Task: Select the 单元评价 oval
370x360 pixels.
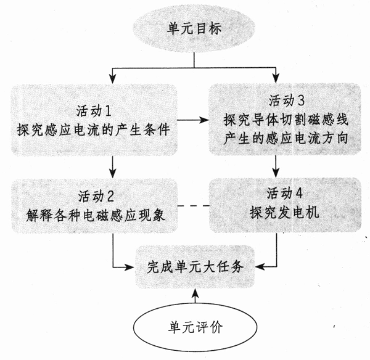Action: [195, 326]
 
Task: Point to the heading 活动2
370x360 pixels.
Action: [96, 196]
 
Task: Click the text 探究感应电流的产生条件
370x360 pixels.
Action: [94, 131]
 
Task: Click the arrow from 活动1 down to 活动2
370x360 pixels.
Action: [113, 165]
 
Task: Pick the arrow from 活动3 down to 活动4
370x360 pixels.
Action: [276, 165]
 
